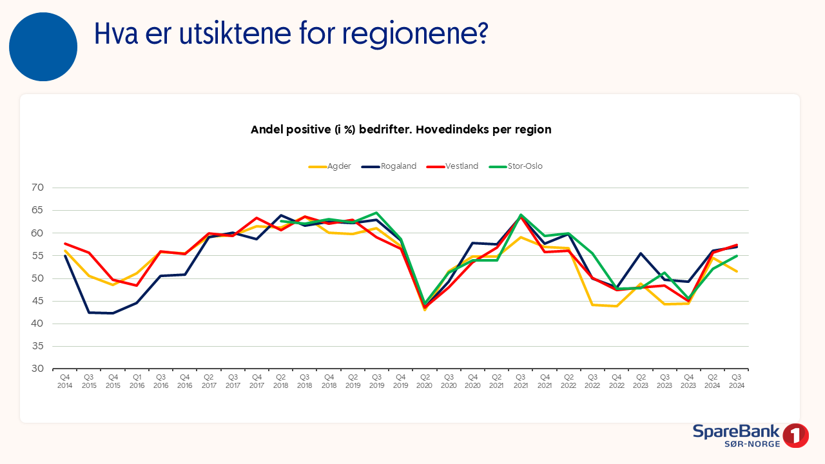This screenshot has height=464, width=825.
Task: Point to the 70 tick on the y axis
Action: [37, 188]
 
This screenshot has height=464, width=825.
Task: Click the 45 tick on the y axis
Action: [37, 301]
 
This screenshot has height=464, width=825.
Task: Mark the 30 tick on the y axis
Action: [37, 369]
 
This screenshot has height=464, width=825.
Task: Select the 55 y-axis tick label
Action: [37, 256]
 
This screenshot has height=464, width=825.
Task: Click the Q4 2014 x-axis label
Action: [65, 381]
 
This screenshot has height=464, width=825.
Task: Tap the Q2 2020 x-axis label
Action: [425, 381]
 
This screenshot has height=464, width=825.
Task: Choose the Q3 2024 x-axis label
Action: [736, 381]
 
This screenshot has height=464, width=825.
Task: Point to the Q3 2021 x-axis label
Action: [520, 381]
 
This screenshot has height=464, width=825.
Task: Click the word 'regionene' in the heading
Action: [402, 34]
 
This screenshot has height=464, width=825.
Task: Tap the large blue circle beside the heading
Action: [43, 47]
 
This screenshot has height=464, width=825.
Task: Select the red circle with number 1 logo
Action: [796, 436]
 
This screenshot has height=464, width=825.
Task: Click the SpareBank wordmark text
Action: [736, 432]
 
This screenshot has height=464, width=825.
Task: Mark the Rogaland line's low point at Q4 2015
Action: [113, 313]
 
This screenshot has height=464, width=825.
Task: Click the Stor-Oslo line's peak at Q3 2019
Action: [376, 213]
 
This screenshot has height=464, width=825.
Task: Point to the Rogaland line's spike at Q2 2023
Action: [641, 253]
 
